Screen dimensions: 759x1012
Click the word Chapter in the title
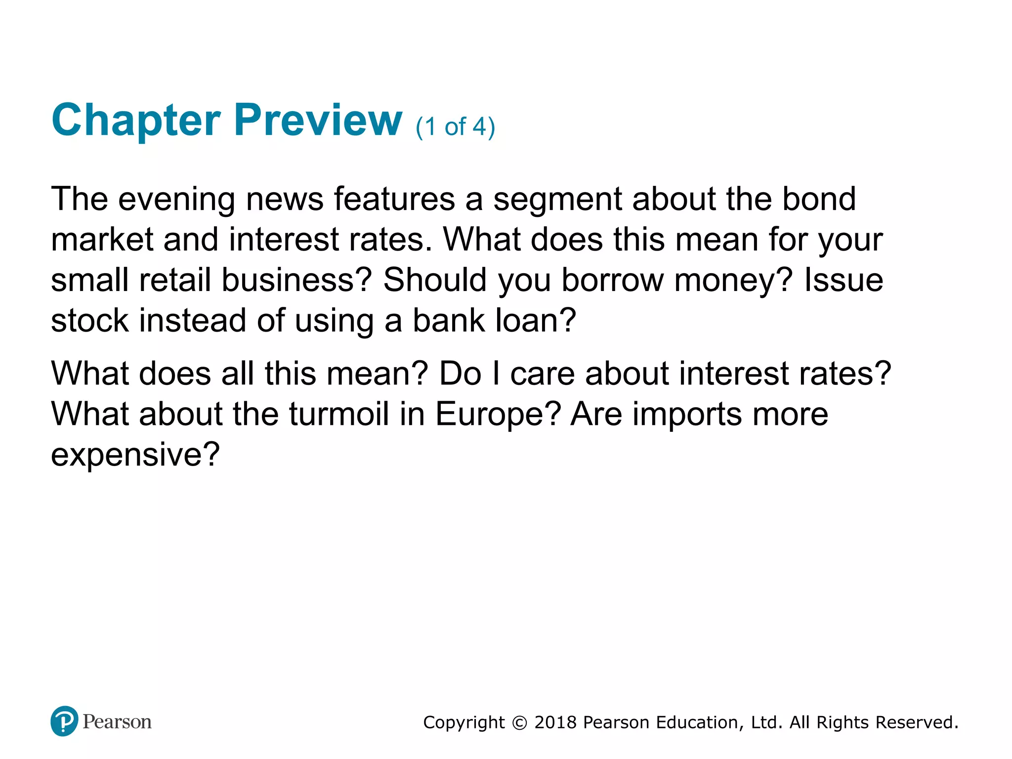pyautogui.click(x=136, y=121)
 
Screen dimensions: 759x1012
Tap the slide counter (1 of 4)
pyautogui.click(x=455, y=127)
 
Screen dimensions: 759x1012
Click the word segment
pyautogui.click(x=557, y=200)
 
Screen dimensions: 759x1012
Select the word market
pyautogui.click(x=102, y=240)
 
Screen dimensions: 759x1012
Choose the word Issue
pyautogui.click(x=843, y=280)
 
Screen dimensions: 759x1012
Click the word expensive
pyautogui.click(x=134, y=455)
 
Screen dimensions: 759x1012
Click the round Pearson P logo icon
pyautogui.click(x=64, y=721)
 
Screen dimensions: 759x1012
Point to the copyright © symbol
pyautogui.click(x=519, y=723)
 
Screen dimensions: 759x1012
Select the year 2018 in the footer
pyautogui.click(x=555, y=722)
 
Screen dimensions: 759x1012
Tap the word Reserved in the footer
pyautogui.click(x=916, y=722)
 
